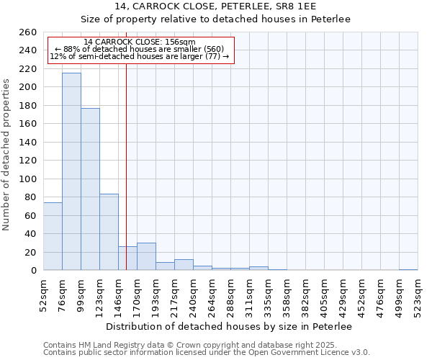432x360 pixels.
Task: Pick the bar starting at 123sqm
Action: (x=109, y=232)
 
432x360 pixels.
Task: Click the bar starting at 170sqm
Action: (x=146, y=256)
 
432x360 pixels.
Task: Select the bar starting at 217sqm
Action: (x=184, y=264)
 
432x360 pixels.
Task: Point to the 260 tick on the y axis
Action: (x=28, y=32)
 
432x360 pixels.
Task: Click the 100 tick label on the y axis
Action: (x=28, y=179)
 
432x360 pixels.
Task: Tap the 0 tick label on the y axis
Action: (x=33, y=271)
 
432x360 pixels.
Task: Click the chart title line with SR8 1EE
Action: (x=215, y=6)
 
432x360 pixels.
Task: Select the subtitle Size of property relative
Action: (x=215, y=19)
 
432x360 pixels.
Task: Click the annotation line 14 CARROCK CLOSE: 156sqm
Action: (x=140, y=42)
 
